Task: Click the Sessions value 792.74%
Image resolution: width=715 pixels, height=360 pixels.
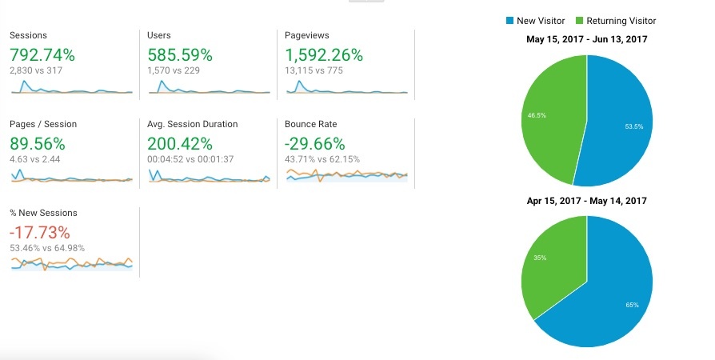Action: coord(42,55)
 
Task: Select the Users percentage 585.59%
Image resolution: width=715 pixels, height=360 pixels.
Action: coord(180,55)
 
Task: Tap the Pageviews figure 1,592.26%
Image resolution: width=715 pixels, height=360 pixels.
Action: coord(324,55)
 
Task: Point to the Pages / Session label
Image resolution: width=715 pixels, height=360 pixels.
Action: coord(43,124)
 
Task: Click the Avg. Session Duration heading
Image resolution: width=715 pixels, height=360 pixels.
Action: coord(192,124)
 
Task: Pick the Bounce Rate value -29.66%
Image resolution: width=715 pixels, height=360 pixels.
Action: coord(314,144)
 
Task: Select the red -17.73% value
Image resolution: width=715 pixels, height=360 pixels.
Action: coord(39,233)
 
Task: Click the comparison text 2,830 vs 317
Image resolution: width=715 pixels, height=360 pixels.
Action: coord(36,70)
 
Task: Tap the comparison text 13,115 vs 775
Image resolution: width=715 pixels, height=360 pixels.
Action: coord(316,70)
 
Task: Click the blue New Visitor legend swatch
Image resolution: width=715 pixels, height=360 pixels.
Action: coord(509,21)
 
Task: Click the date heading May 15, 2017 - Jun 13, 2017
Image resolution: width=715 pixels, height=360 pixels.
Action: coord(586,38)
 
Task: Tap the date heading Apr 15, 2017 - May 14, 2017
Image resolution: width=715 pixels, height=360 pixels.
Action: coord(586,201)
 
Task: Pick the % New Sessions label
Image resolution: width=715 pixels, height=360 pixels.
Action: coord(43,213)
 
